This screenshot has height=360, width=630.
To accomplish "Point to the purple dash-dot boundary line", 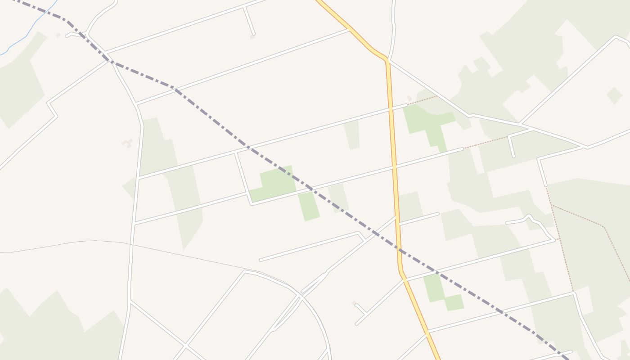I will coord(211,119).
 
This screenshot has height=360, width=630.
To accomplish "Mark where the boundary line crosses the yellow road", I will coord(399,249).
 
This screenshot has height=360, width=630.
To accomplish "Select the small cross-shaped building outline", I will coord(128,143).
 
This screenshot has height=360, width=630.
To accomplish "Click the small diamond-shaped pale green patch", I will coord(614,96).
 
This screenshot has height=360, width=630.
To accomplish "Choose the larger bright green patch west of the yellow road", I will coord(274,182).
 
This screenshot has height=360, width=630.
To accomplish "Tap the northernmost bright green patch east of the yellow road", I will coord(427,121).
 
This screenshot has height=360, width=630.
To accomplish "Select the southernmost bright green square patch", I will coord(454,302).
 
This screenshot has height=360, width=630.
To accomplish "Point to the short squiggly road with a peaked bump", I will coord(531,220).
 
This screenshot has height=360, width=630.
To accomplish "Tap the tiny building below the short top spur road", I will coord(252,37).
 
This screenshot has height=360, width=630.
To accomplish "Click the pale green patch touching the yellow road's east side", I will coord(410,206).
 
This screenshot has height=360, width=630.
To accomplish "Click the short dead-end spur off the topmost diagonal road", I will coord(249,21).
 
